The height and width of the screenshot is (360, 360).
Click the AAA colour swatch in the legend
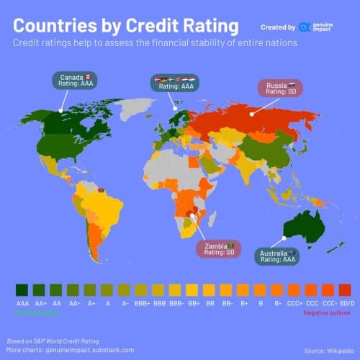click(22, 289)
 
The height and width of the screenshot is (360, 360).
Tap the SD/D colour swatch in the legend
click(344, 289)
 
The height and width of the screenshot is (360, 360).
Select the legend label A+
click(90, 305)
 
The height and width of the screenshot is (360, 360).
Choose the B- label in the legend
click(276, 305)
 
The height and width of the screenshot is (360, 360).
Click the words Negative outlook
click(325, 313)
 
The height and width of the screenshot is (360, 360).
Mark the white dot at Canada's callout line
click(62, 111)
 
